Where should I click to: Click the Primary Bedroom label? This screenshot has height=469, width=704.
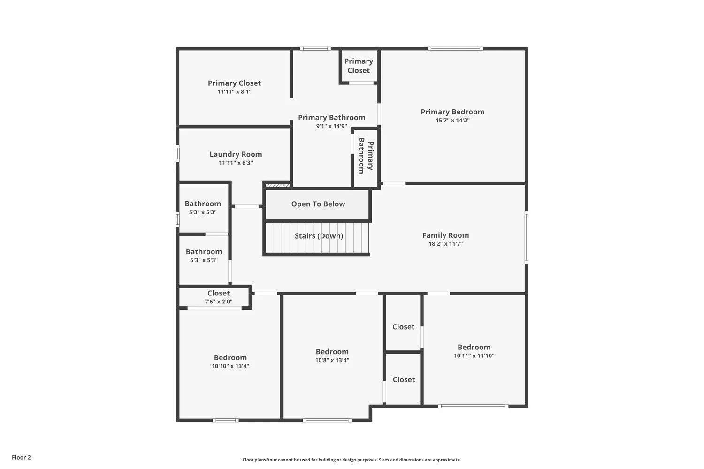point(452,112)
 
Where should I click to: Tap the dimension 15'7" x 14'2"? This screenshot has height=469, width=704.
point(452,121)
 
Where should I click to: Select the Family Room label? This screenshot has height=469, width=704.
point(445,235)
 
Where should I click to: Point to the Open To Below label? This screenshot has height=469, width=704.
point(318,204)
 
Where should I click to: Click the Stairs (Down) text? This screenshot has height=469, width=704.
point(319,236)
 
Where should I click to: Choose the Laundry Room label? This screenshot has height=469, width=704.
point(236,154)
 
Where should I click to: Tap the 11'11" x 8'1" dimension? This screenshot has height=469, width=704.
point(234,92)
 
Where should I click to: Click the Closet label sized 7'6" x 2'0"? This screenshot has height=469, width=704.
point(219,293)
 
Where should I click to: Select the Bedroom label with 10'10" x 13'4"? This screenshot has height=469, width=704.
point(230,357)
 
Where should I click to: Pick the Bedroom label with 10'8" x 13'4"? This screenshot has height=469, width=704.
point(332,352)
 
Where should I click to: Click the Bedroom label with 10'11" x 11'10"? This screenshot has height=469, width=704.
point(474,347)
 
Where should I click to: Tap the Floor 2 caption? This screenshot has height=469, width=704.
point(21,457)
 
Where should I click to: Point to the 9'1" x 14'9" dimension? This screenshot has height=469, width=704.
point(331,126)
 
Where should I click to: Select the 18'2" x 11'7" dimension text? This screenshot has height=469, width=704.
point(445,244)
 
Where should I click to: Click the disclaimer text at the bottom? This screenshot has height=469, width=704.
point(352,460)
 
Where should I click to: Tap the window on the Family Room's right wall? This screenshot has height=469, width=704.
point(526,237)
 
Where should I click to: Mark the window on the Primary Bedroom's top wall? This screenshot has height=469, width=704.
point(455,48)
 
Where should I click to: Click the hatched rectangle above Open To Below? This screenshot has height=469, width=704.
point(277,185)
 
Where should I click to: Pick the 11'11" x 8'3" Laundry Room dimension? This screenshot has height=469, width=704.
point(236,163)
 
